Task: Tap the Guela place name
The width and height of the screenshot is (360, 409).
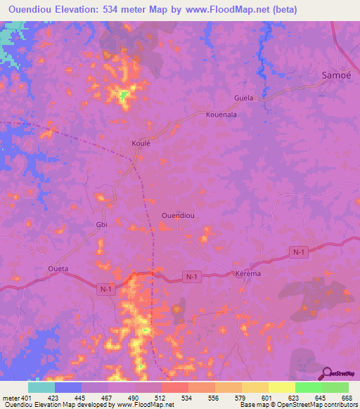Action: click(243, 98)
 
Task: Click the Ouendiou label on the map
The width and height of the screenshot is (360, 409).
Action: click(178, 216)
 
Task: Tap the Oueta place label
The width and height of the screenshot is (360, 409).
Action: click(58, 268)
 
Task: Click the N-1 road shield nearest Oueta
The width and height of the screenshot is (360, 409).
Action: click(105, 289)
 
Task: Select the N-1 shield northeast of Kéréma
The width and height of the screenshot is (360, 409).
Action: click(300, 251)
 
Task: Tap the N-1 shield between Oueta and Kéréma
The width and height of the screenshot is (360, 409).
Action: click(192, 278)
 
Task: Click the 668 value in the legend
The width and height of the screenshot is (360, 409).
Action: click(347, 398)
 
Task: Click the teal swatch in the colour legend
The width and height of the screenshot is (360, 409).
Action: click(41, 387)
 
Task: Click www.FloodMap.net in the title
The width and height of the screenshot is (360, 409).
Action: click(221, 10)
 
